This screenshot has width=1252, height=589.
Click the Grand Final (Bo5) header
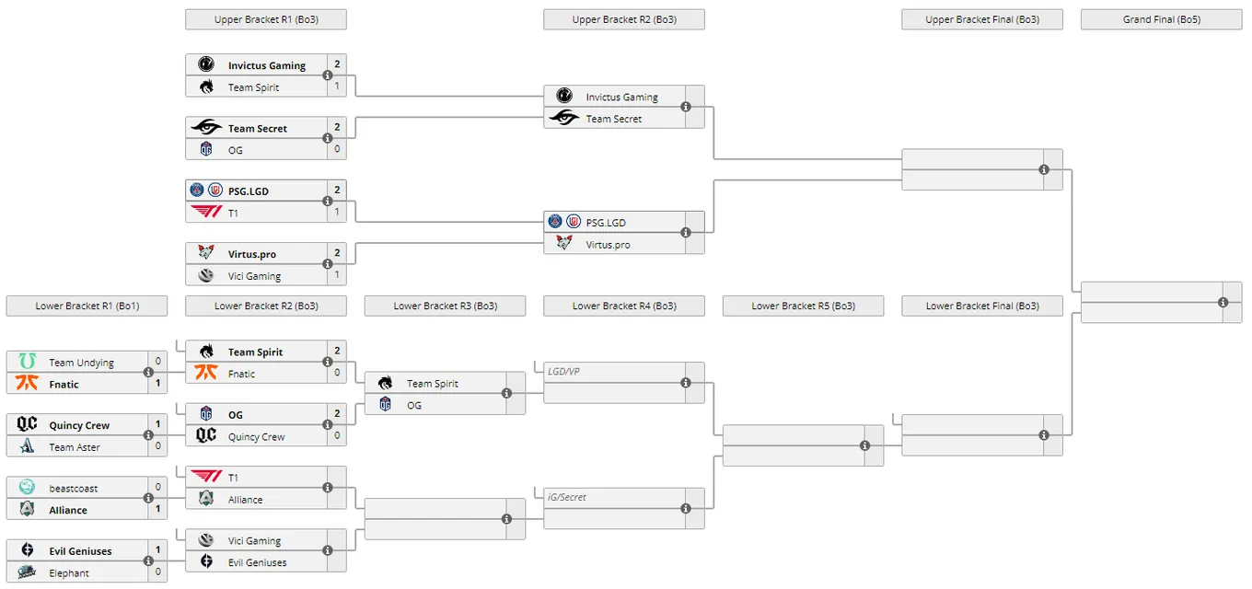coord(1161,19)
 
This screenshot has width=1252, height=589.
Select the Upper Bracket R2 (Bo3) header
coord(624,19)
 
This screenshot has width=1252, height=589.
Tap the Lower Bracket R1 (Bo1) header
coord(87,306)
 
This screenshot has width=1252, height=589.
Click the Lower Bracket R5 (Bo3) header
coord(803,306)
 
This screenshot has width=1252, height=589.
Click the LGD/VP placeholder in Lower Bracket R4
coord(563,372)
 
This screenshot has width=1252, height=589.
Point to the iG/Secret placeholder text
coord(567,497)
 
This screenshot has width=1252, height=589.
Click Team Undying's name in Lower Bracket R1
coord(81,363)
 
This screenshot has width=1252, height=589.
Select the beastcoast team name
coord(74,489)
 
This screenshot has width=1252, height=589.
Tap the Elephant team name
coord(69,573)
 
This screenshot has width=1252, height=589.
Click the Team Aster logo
coord(27,446)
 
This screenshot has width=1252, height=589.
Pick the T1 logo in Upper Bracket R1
coord(206,212)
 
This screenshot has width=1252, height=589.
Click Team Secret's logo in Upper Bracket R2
coord(564,118)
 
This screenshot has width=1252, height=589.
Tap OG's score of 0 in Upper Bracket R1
coord(337,149)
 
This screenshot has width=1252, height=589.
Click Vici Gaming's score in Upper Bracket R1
coord(337,275)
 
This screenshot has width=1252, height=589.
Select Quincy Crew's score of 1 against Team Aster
coord(157,424)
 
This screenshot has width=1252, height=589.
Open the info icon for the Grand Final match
coord(1223,303)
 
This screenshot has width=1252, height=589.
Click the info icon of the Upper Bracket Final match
coord(1044,170)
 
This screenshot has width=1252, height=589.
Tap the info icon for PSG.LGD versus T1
coord(328,202)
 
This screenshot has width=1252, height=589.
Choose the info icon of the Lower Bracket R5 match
coord(864,445)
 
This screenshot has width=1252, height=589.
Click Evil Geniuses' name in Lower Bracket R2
coord(257,562)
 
